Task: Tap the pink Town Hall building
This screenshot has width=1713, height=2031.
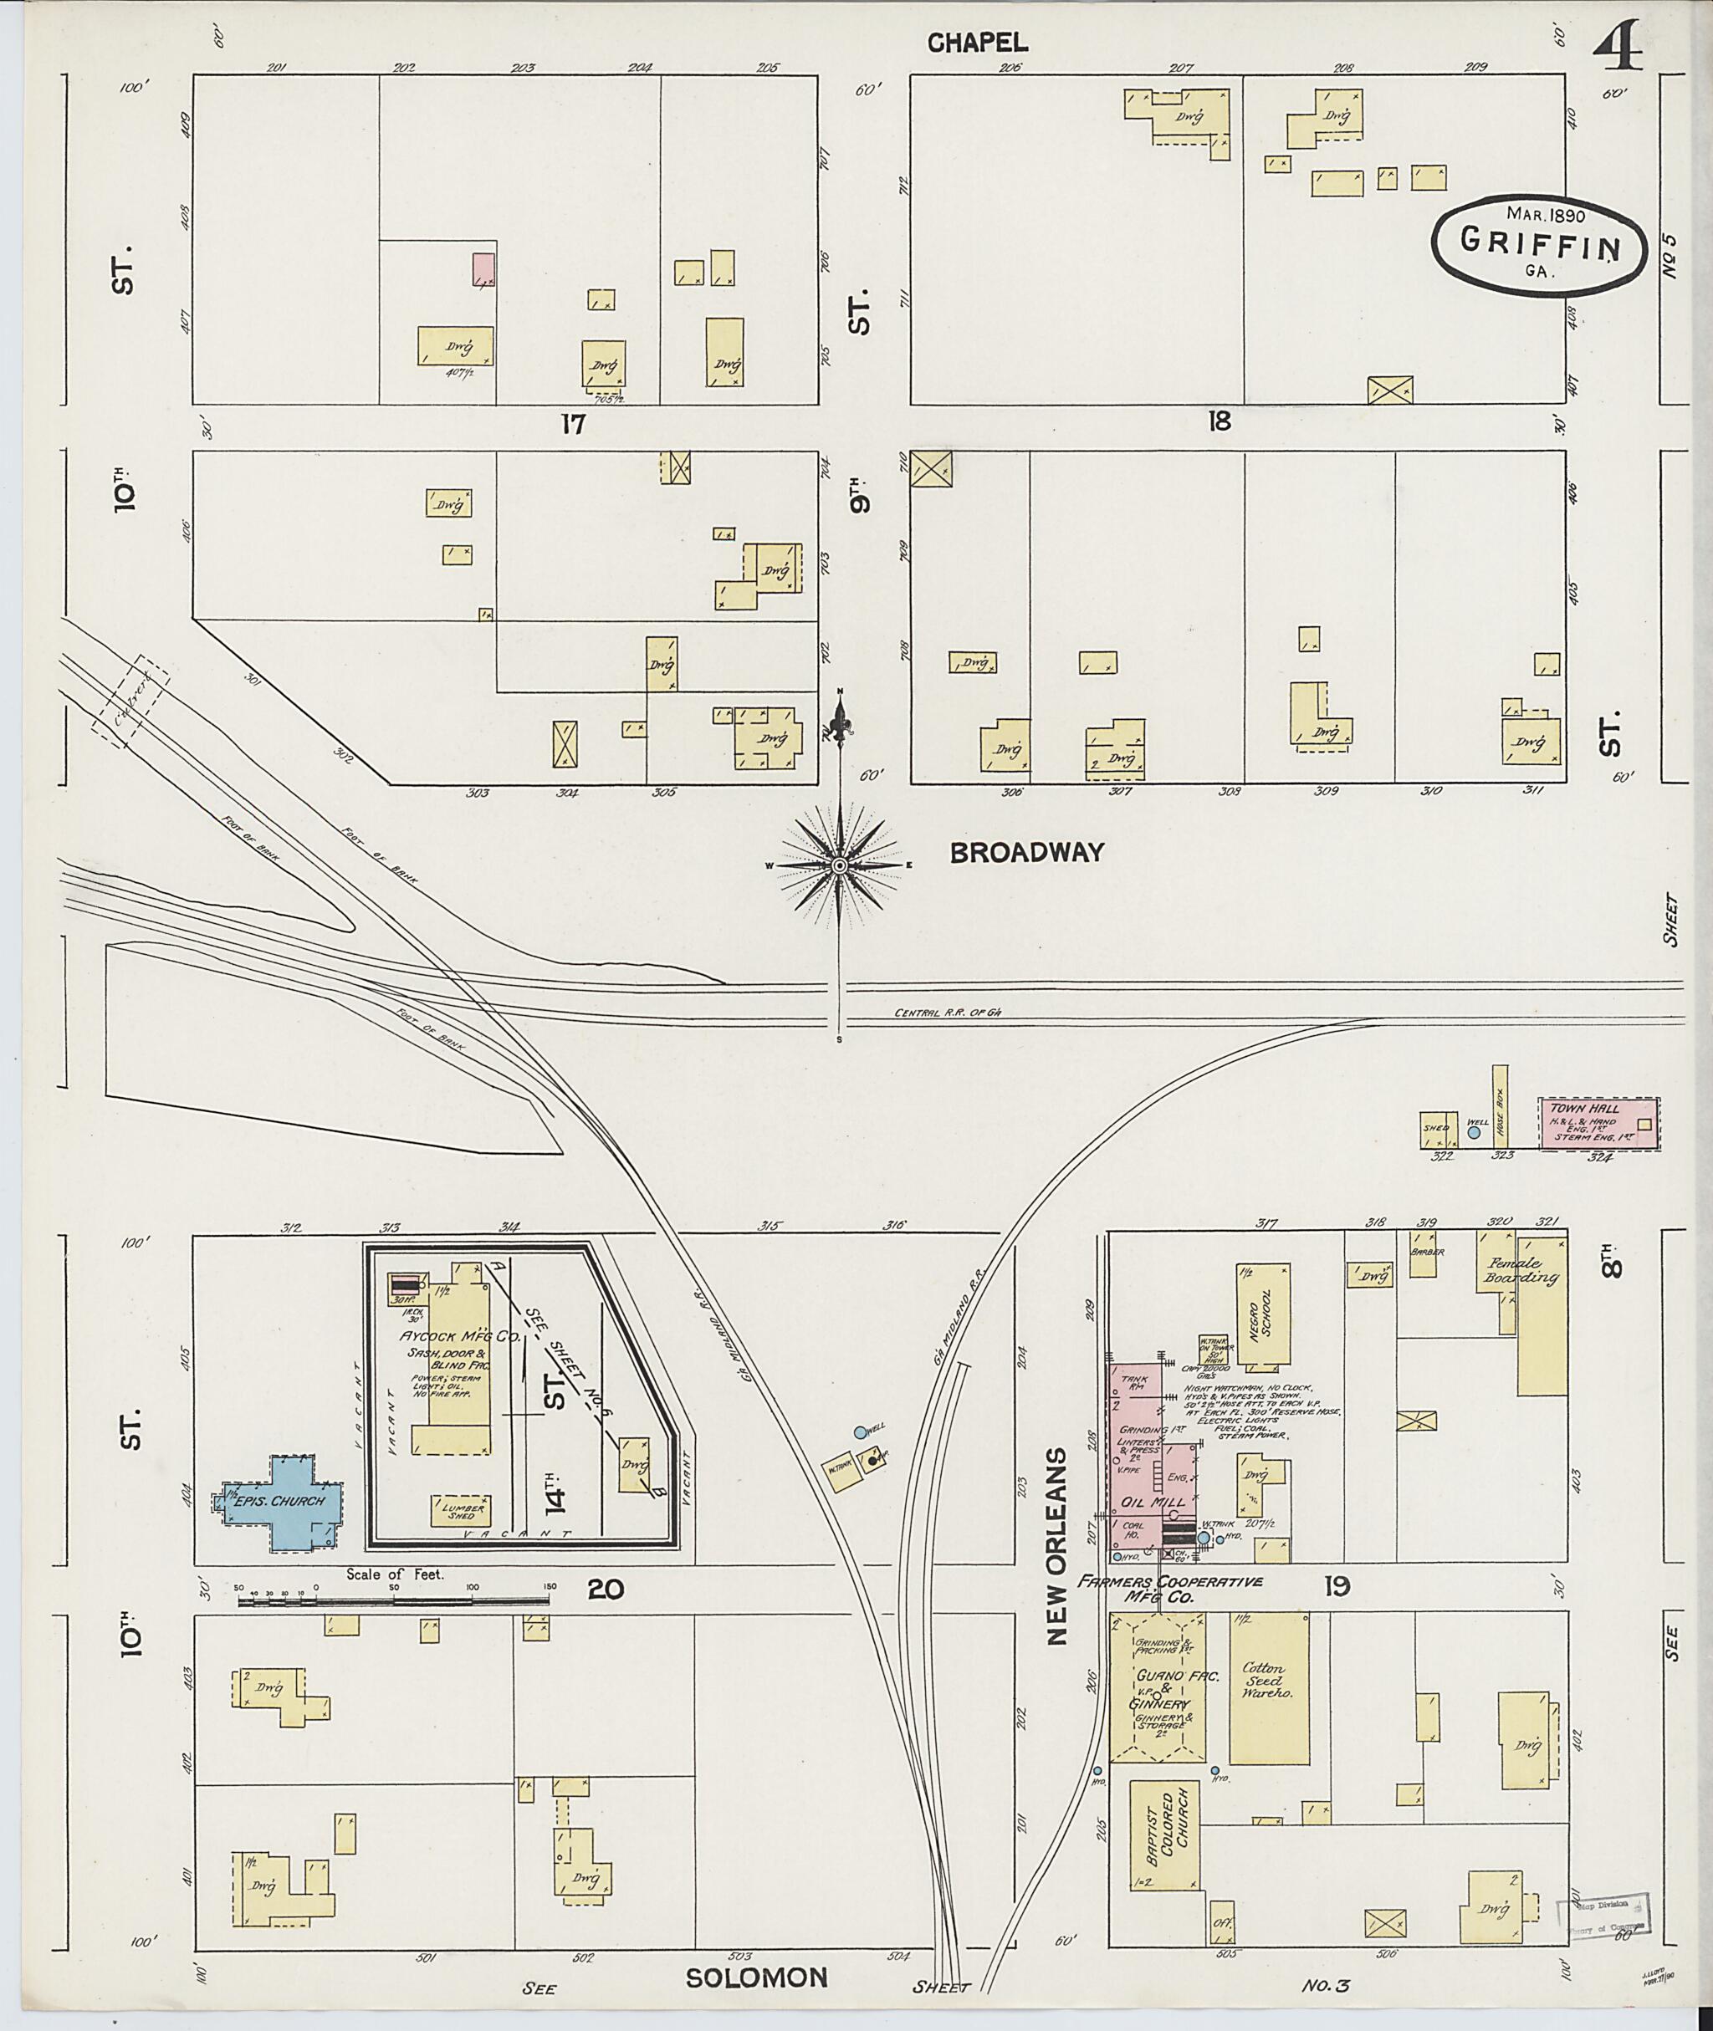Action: tap(1598, 1123)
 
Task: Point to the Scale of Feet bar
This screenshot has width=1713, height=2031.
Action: tap(393, 1599)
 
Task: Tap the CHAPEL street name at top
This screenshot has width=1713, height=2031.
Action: tap(977, 42)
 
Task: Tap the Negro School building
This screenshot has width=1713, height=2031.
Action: tap(1263, 1314)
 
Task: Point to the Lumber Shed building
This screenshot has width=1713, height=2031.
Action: tap(461, 1511)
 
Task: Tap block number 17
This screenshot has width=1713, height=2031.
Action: tap(573, 424)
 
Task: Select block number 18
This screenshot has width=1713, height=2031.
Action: tap(1220, 421)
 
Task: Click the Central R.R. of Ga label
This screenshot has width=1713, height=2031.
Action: tap(947, 1013)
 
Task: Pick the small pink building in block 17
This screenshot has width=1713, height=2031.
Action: tap(483, 269)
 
